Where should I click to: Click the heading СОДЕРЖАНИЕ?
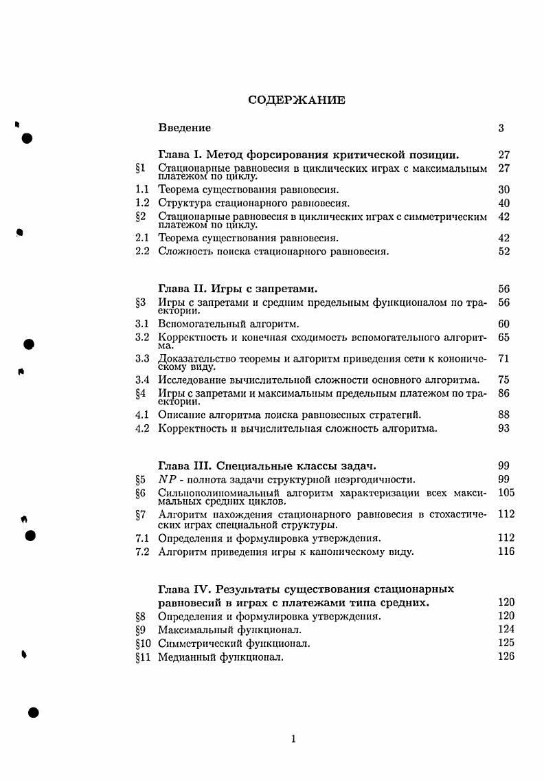click(x=297, y=100)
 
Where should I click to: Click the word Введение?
click(x=184, y=128)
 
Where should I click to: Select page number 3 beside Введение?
click(x=501, y=128)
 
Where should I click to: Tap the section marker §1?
click(x=140, y=168)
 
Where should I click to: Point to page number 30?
click(x=504, y=189)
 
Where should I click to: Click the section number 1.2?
click(x=142, y=203)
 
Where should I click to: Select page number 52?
click(x=504, y=252)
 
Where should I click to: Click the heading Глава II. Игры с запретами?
click(x=238, y=289)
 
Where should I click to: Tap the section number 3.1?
click(x=142, y=323)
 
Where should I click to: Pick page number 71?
click(x=504, y=358)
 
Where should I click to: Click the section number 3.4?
click(x=142, y=379)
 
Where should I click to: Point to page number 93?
click(x=504, y=428)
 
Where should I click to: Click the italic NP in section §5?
click(x=168, y=479)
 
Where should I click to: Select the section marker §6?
click(x=140, y=493)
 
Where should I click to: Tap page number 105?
click(x=506, y=492)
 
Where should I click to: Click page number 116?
click(x=506, y=551)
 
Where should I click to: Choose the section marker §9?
click(x=140, y=629)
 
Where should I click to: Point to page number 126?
click(x=506, y=657)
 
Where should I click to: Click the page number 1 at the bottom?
click(x=294, y=739)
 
